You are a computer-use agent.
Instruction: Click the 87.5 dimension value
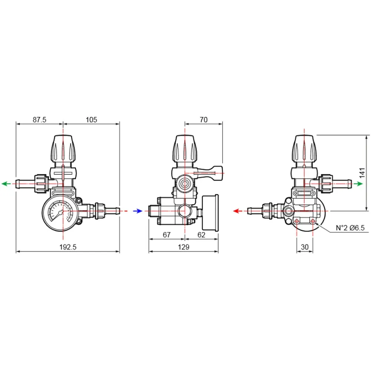(40, 120)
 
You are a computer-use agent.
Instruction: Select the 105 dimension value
(91, 120)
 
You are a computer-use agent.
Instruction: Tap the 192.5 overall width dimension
(68, 247)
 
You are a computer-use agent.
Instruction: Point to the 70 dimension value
(203, 120)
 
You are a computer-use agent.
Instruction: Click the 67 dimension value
(167, 235)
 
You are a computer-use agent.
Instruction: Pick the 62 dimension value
(201, 235)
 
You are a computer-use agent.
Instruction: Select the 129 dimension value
(184, 247)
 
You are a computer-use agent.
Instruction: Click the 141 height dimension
(362, 173)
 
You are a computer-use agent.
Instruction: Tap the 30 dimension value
(305, 247)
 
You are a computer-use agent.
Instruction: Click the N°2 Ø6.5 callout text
(350, 228)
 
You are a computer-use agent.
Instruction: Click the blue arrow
(138, 211)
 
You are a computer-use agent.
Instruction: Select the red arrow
(237, 211)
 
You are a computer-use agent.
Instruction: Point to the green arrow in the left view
(6, 184)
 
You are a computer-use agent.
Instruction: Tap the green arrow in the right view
(358, 184)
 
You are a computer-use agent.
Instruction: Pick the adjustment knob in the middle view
(185, 149)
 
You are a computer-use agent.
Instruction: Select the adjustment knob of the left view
(63, 149)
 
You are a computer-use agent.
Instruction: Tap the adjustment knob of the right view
(304, 149)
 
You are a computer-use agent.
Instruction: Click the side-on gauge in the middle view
(210, 212)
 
